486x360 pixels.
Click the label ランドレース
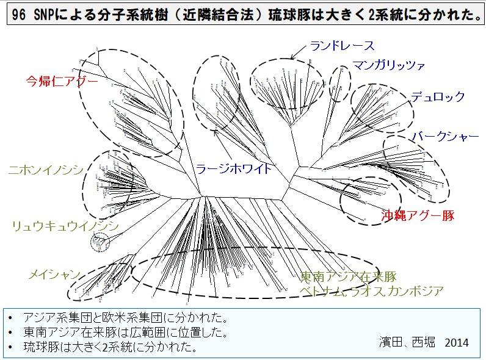[341, 46]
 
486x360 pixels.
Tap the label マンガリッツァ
[388, 65]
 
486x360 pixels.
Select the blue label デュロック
[438, 97]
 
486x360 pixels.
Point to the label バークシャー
[445, 137]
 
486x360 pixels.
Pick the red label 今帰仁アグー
[62, 81]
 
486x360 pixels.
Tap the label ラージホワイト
[234, 169]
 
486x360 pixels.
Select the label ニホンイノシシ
[45, 170]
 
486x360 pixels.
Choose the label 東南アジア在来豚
[349, 276]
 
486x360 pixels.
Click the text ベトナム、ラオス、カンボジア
[371, 291]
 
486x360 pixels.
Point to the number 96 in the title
[19, 16]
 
